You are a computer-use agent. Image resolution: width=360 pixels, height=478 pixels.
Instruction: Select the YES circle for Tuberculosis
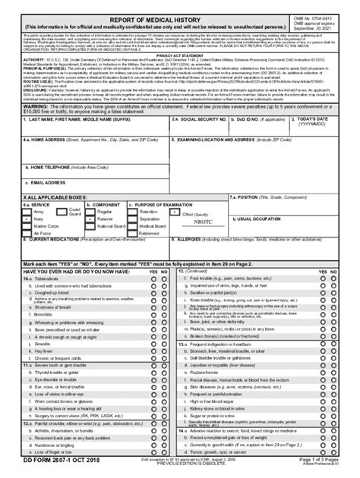[153, 279]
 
